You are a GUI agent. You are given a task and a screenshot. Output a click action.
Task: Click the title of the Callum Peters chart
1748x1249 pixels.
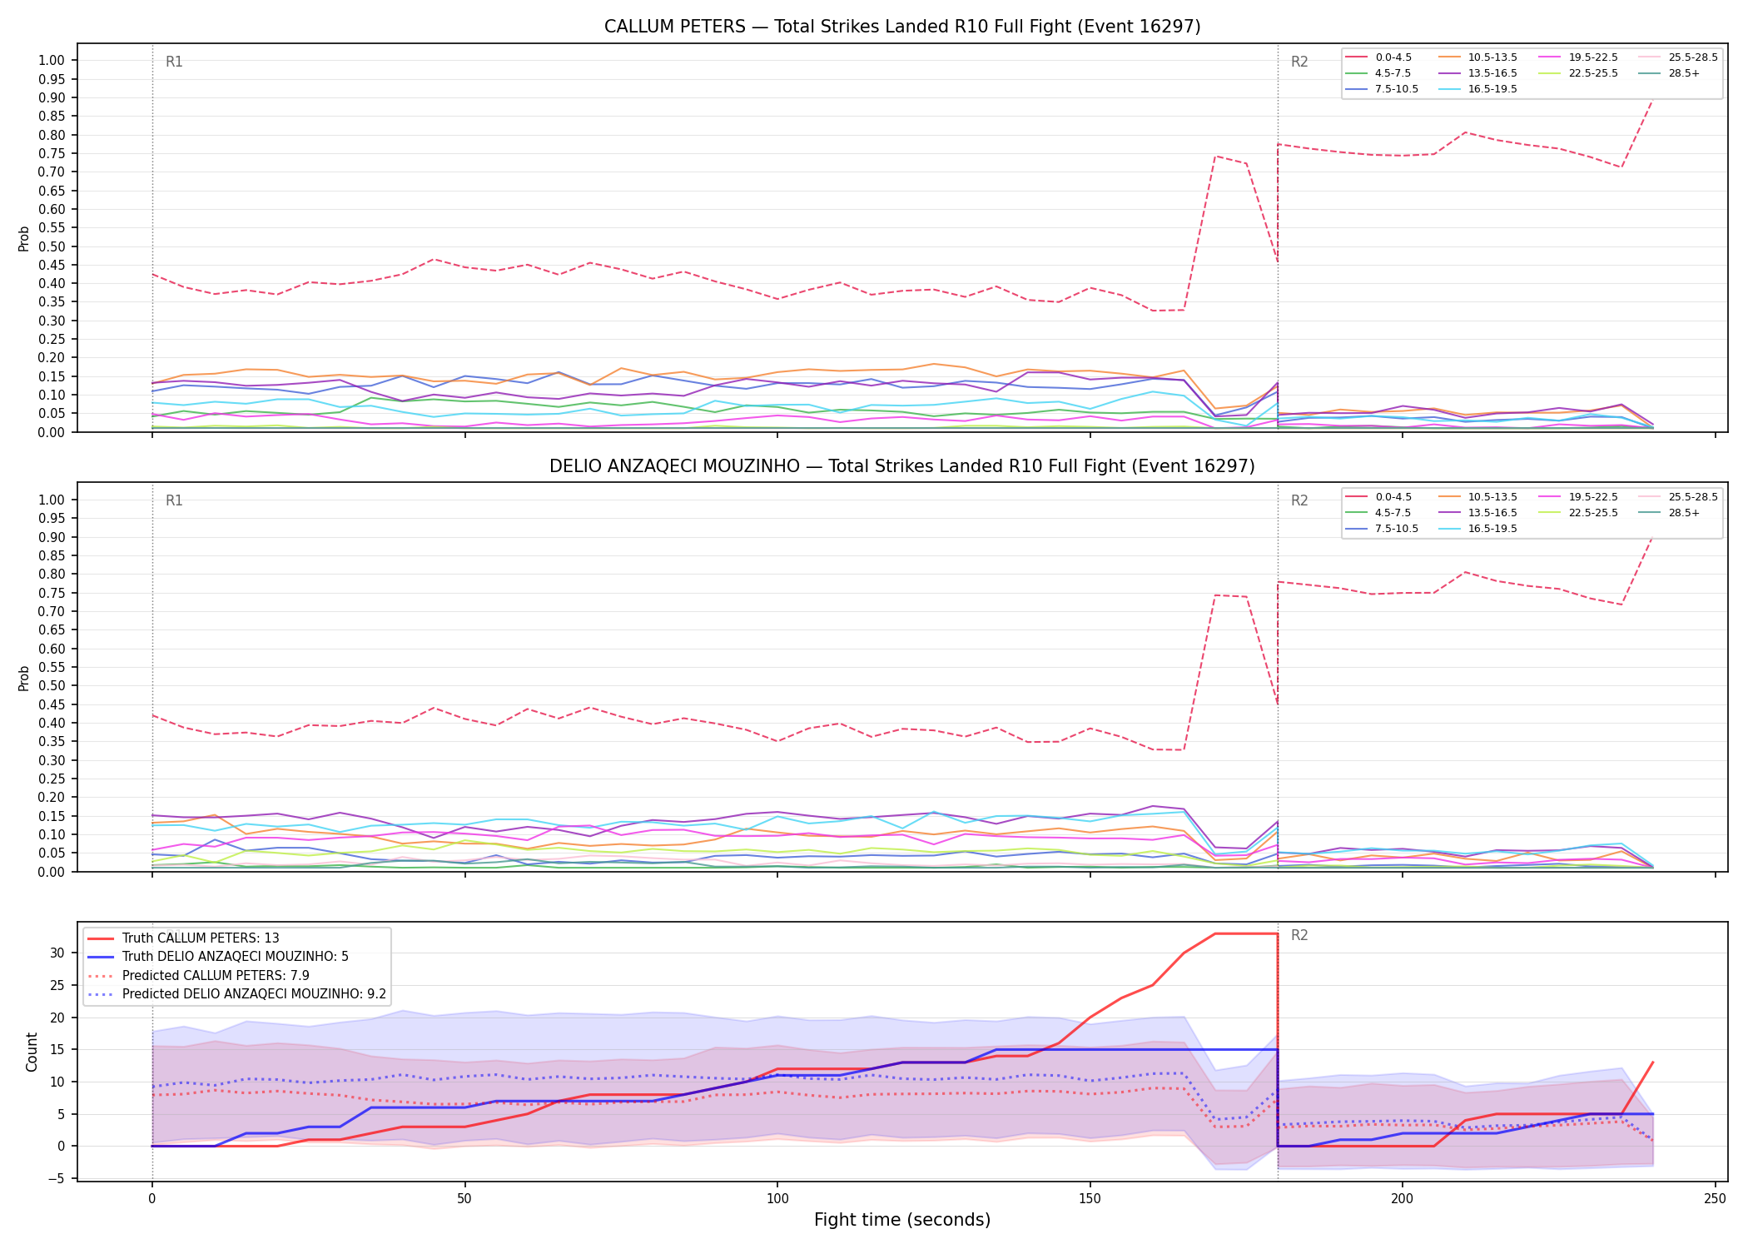[902, 27]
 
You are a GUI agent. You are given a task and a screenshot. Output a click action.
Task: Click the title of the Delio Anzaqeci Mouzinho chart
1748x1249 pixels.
[902, 466]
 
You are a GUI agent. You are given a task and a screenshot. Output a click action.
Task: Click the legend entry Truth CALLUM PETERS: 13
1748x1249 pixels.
[183, 938]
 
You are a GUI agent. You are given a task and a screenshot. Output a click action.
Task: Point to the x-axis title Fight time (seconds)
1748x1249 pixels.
[902, 1220]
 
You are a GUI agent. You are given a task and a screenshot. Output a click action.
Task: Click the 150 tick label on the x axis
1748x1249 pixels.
[1090, 1199]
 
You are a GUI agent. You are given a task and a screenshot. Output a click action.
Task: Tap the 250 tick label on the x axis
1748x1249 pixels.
[1715, 1199]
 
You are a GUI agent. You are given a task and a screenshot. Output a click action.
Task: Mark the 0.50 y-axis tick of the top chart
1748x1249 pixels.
[52, 246]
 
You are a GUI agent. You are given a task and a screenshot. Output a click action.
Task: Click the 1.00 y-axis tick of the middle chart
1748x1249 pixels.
[52, 500]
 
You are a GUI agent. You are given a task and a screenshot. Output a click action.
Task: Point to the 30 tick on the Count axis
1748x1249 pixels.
[57, 953]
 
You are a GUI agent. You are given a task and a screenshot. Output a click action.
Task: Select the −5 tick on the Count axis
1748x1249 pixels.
[57, 1178]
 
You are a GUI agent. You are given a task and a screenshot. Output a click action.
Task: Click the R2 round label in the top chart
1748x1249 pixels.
[1299, 62]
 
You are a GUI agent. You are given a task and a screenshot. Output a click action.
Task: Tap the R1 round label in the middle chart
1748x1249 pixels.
[174, 500]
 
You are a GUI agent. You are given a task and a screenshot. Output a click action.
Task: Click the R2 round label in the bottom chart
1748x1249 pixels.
[1299, 935]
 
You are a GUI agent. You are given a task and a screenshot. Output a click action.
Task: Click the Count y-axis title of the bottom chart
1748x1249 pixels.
[32, 1052]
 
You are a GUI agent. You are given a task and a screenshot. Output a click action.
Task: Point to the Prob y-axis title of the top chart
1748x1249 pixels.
[24, 238]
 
